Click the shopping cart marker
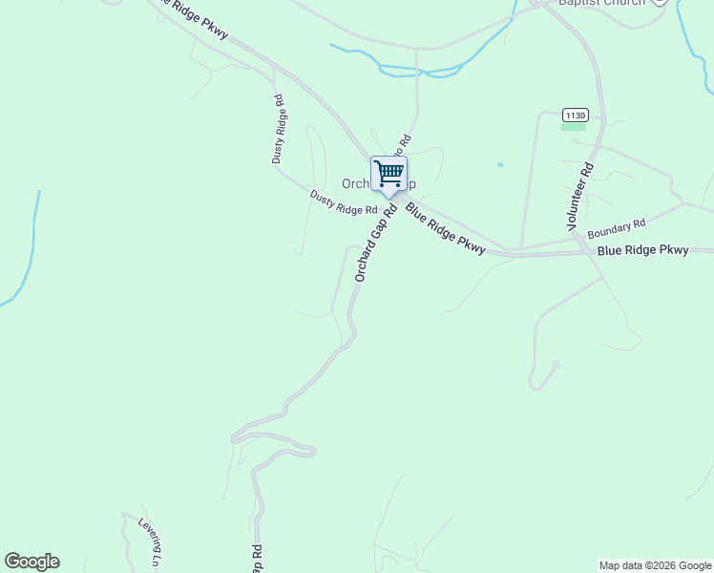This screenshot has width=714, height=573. (388, 174)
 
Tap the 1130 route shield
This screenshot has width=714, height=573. (574, 116)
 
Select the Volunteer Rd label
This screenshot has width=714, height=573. (580, 194)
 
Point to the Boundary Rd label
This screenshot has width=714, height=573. (617, 229)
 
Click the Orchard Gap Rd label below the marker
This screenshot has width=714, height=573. (374, 243)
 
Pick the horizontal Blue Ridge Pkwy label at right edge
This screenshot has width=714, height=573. (642, 250)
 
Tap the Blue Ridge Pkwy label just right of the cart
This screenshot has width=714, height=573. (445, 228)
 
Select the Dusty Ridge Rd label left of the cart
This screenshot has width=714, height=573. (344, 202)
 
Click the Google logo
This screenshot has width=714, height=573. (31, 562)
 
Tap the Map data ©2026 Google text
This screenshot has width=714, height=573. (655, 565)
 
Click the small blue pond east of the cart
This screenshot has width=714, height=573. (499, 164)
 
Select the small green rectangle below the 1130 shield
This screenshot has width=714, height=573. (573, 127)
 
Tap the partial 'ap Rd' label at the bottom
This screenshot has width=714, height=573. (257, 560)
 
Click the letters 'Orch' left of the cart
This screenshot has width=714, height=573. (355, 183)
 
